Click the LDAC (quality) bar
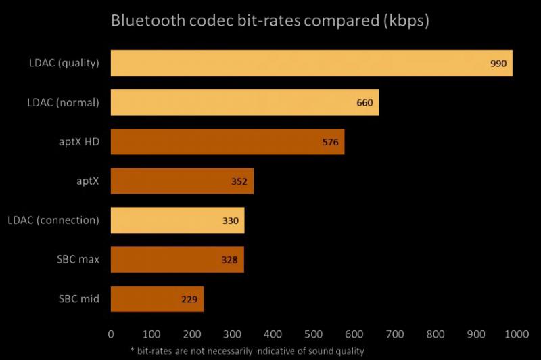click(311, 64)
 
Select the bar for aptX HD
click(227, 142)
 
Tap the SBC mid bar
click(157, 298)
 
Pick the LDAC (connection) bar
click(177, 221)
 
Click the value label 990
click(498, 64)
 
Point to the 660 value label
click(364, 104)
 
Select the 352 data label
click(239, 181)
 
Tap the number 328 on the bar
click(230, 260)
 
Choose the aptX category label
click(88, 181)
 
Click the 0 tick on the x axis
click(111, 334)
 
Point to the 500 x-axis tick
click(314, 334)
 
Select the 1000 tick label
click(516, 334)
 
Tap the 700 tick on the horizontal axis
click(395, 334)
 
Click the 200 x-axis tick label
click(192, 334)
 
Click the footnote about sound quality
click(270, 351)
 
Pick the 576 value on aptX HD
click(331, 143)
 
